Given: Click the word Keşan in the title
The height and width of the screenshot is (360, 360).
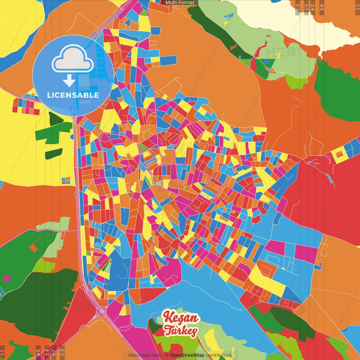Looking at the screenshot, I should [x=181, y=318].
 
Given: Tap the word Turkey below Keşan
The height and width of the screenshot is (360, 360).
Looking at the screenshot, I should [x=181, y=330].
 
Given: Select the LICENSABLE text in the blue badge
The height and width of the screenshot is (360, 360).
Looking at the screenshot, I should [x=73, y=95].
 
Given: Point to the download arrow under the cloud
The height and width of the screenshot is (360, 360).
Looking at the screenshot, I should [x=69, y=81].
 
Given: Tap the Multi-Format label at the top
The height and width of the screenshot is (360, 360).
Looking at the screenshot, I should [x=180, y=3].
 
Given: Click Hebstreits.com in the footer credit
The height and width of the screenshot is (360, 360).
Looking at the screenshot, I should [x=145, y=355].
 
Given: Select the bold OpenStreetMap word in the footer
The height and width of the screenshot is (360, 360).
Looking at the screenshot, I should [x=187, y=355].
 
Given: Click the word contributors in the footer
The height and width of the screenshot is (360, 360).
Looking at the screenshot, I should [x=219, y=355].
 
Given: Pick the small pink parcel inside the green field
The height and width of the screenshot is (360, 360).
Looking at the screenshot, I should [x=7, y=278].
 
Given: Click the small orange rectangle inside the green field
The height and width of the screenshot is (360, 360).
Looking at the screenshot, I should [x=33, y=248].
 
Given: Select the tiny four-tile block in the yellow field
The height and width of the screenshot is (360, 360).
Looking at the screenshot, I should [x=66, y=180].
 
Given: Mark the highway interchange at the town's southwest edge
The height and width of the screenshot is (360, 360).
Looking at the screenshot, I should [x=102, y=311].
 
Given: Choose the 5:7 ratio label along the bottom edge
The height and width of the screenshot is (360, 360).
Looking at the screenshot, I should [x=54, y=352].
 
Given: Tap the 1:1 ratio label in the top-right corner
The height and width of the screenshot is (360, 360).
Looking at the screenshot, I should [x=357, y=7].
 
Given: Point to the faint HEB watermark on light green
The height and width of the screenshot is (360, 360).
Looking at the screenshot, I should [x=277, y=52].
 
